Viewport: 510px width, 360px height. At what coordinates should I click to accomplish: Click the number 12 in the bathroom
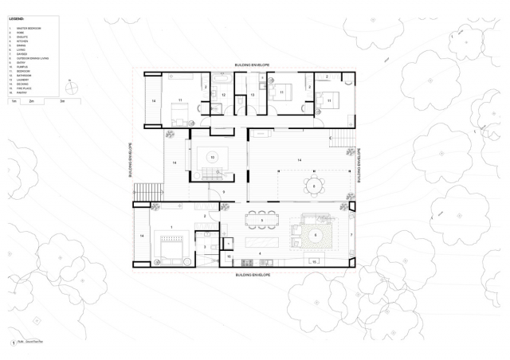point(224,95)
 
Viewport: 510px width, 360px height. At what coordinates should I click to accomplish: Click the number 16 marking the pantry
point(228,256)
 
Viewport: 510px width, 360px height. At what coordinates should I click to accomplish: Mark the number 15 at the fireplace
point(313,260)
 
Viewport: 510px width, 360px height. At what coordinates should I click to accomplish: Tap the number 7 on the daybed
point(350,235)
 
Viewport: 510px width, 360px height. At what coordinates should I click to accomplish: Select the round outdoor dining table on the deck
point(314,186)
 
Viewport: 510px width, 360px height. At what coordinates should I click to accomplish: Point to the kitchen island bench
point(260,239)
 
